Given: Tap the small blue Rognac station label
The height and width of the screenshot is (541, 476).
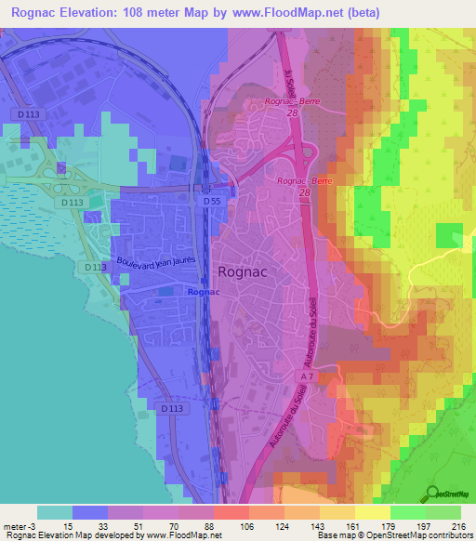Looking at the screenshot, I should point(204,291).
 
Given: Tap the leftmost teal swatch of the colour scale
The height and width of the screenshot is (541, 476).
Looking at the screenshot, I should point(54,512).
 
